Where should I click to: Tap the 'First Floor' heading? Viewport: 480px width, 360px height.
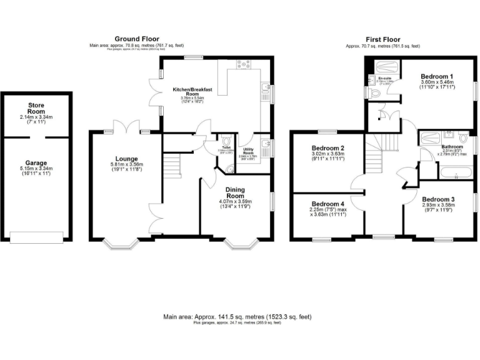pos(382,39)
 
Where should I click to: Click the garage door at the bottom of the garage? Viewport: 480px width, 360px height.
pos(37,236)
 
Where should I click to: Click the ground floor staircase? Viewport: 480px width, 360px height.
pos(172,165)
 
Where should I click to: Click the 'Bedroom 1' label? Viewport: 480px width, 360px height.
pos(437,76)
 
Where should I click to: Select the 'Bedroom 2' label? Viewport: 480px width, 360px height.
pos(328,148)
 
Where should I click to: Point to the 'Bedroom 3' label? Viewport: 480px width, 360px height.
pos(437,199)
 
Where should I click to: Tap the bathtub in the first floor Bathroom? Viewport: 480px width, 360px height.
pos(454,172)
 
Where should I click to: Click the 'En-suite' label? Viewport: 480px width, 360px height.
pos(385,78)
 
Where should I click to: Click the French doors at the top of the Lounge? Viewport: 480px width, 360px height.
pos(127,129)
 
